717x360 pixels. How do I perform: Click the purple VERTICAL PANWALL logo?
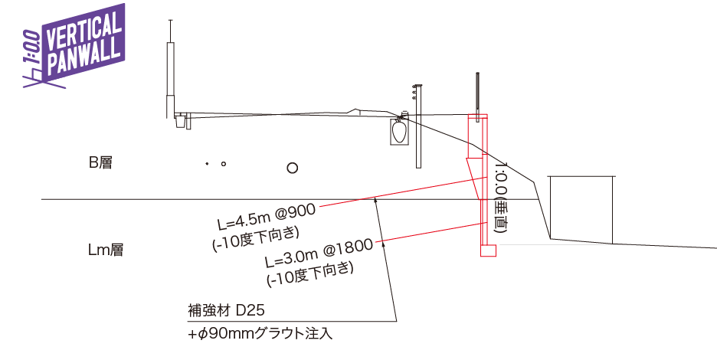(74, 46)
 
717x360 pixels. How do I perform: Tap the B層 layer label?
(100, 162)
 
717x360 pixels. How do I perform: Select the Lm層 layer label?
(106, 250)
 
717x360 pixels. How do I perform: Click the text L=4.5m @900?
(260, 217)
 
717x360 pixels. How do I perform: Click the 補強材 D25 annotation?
(226, 311)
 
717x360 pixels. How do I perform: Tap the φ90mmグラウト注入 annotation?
(260, 334)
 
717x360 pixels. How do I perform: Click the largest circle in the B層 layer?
(292, 168)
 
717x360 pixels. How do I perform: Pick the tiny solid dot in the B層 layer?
(206, 164)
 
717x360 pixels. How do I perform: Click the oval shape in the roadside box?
(399, 133)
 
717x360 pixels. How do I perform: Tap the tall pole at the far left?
(170, 77)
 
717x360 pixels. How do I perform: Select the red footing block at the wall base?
(488, 250)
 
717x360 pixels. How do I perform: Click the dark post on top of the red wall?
(478, 96)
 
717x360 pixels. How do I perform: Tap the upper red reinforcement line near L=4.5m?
(398, 194)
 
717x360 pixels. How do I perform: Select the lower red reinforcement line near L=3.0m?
(429, 234)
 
